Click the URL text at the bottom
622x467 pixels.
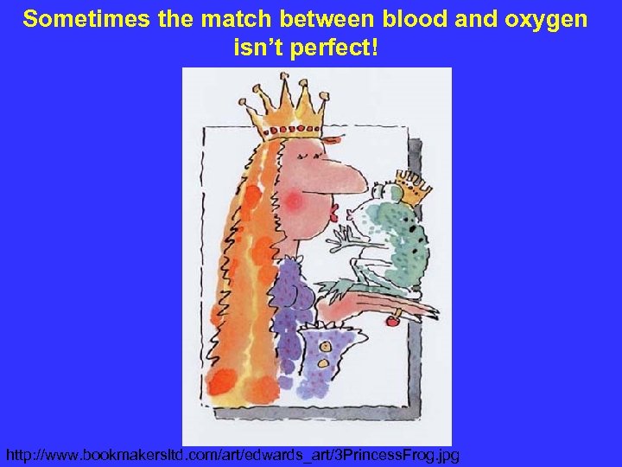coord(232,454)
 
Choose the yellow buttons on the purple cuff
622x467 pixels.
coord(327,349)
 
